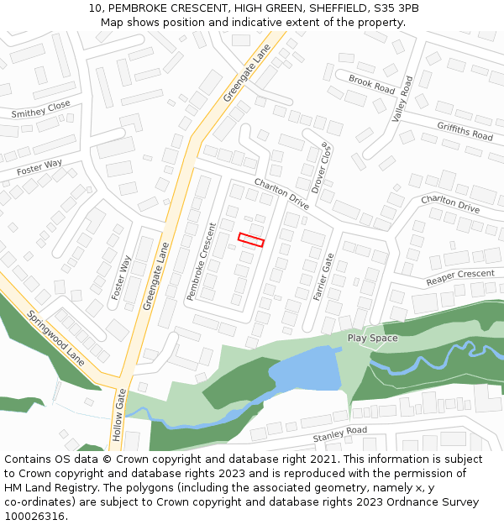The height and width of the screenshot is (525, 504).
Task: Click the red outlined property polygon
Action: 251,239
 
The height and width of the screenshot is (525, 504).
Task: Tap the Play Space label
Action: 372,338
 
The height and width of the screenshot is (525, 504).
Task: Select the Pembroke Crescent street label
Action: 202,262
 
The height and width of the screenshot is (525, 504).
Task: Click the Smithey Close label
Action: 41,110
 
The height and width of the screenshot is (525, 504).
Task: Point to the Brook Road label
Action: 371,84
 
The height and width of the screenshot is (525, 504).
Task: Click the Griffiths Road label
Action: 465,130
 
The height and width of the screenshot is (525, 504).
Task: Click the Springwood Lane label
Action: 56,337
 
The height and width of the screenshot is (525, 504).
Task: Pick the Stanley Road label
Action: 339,434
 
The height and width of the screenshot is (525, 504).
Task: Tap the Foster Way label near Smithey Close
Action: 39,168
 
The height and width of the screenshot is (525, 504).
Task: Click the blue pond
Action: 302,370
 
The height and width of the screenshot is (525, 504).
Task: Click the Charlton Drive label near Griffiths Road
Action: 449,202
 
